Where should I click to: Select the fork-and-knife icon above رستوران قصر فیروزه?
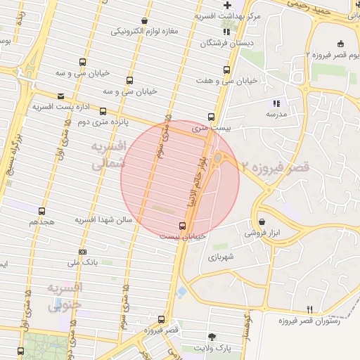(309, 309)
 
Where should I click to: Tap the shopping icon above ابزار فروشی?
(262, 221)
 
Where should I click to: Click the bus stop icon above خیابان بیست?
(183, 226)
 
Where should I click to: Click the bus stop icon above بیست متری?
(211, 117)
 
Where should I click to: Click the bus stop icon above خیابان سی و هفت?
(226, 70)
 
